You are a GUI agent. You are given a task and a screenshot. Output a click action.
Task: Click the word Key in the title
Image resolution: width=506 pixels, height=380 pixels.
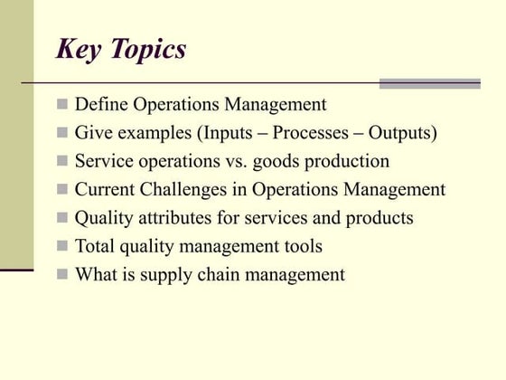tap(79, 49)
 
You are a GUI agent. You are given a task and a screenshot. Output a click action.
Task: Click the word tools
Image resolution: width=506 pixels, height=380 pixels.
tap(303, 246)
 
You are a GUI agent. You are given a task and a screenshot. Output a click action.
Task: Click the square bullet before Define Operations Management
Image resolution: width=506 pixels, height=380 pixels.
tap(62, 106)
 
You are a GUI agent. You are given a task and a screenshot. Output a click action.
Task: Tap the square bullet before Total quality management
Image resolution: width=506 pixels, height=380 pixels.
tap(62, 246)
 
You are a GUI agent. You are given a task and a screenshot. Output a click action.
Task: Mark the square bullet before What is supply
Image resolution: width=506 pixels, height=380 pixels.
tap(62, 274)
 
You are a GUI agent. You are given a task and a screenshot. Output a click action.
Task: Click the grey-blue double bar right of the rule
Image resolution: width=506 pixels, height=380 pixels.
tap(429, 83)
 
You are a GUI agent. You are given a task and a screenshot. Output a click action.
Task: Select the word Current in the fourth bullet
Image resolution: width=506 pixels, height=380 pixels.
tap(106, 190)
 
